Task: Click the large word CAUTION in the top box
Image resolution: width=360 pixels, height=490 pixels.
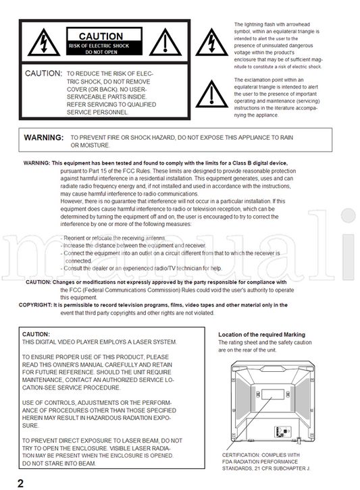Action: pos(101,36)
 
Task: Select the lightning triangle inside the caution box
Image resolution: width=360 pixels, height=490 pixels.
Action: pos(44,43)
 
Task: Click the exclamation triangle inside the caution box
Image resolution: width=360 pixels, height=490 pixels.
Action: pos(165,43)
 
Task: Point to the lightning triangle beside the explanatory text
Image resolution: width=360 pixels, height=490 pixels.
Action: pos(212,43)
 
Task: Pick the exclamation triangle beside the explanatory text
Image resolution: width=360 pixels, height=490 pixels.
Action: pos(212,94)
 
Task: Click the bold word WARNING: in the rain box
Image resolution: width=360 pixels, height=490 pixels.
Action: pos(44,138)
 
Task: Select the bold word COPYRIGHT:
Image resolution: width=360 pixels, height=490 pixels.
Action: pos(35,305)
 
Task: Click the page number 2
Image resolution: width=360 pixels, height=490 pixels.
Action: pos(21,483)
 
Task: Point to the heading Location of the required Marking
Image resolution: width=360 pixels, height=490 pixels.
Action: pos(262,334)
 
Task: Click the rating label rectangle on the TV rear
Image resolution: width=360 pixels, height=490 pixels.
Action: pos(273,394)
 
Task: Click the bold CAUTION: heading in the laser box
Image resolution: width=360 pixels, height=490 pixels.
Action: pos(36,334)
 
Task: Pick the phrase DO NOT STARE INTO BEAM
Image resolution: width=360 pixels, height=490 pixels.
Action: pos(59,464)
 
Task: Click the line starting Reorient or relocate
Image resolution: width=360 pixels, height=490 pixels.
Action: pos(114,238)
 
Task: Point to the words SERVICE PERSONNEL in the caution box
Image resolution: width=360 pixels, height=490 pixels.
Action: pos(97,112)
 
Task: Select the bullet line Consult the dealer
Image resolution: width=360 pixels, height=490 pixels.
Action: pos(141,269)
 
